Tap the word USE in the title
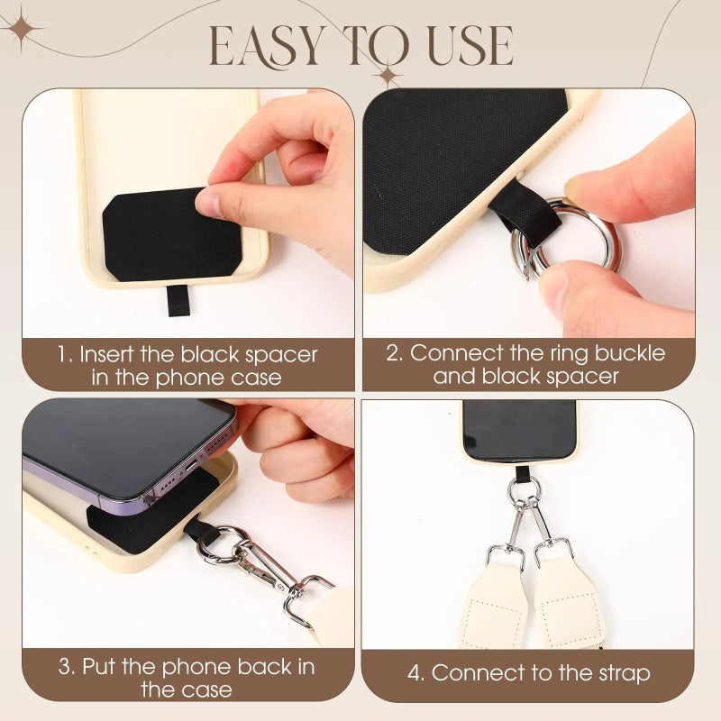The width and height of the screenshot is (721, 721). pyautogui.click(x=470, y=45)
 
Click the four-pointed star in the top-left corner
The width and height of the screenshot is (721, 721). pyautogui.click(x=20, y=29)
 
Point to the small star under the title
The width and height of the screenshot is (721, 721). pyautogui.click(x=388, y=75)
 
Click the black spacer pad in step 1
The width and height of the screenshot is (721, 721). pyautogui.click(x=172, y=234)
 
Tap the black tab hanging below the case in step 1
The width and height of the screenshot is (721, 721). pyautogui.click(x=178, y=301)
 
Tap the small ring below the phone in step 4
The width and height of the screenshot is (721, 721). pyautogui.click(x=524, y=490)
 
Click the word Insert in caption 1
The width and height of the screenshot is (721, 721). pyautogui.click(x=106, y=354)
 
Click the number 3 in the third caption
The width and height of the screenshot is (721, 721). pyautogui.click(x=66, y=667)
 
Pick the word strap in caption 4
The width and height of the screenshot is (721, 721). pyautogui.click(x=625, y=674)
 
